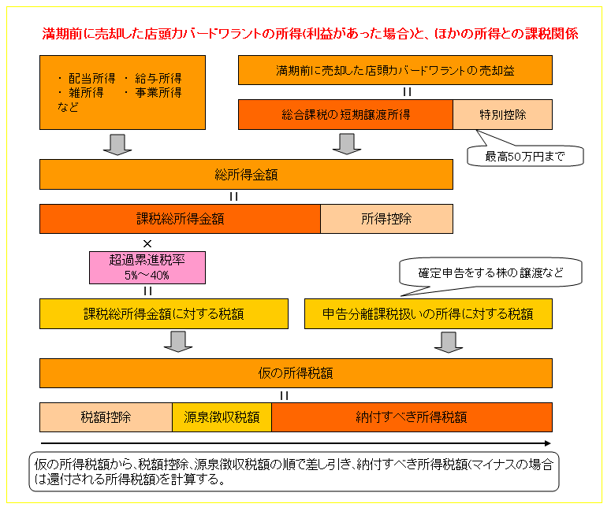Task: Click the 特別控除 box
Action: click(502, 114)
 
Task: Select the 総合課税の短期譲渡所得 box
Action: click(345, 114)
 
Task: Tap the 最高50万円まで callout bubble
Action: click(525, 156)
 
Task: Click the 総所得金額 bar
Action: click(246, 174)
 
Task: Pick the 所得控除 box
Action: click(386, 219)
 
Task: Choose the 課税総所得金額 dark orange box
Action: click(180, 219)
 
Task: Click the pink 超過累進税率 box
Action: click(147, 268)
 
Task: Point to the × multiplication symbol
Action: click(147, 243)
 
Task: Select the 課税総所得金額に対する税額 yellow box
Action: click(164, 313)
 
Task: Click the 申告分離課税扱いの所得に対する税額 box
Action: click(428, 313)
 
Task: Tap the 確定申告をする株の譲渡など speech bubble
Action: click(490, 272)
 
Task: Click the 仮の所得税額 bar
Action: click(296, 373)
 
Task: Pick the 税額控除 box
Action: click(106, 417)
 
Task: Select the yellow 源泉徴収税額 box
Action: click(222, 417)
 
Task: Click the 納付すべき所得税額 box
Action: click(412, 417)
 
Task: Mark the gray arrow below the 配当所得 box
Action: click(117, 144)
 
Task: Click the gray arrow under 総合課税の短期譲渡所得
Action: click(347, 144)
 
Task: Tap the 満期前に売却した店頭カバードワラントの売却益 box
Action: click(395, 70)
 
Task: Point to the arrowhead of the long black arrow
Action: click(550, 443)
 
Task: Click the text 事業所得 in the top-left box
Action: click(158, 93)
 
